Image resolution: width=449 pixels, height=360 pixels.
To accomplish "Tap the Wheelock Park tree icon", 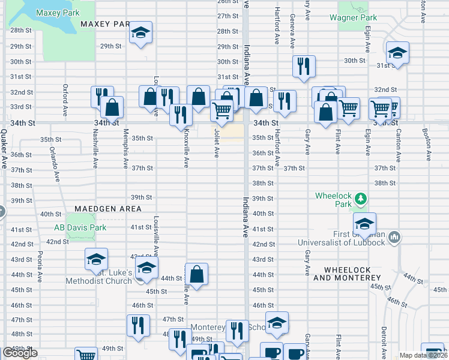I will [360, 197].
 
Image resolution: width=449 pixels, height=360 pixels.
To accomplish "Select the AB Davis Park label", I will [81, 227].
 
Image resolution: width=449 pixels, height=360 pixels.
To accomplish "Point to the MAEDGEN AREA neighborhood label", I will [108, 209].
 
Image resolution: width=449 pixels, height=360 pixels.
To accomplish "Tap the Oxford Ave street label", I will [65, 100].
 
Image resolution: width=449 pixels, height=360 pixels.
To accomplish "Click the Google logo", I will [20, 353].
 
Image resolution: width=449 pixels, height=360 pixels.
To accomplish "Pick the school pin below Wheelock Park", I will [364, 224].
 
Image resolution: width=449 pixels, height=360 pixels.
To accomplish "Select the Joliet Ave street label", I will [215, 145].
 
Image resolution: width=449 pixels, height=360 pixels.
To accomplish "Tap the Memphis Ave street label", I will [125, 147].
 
